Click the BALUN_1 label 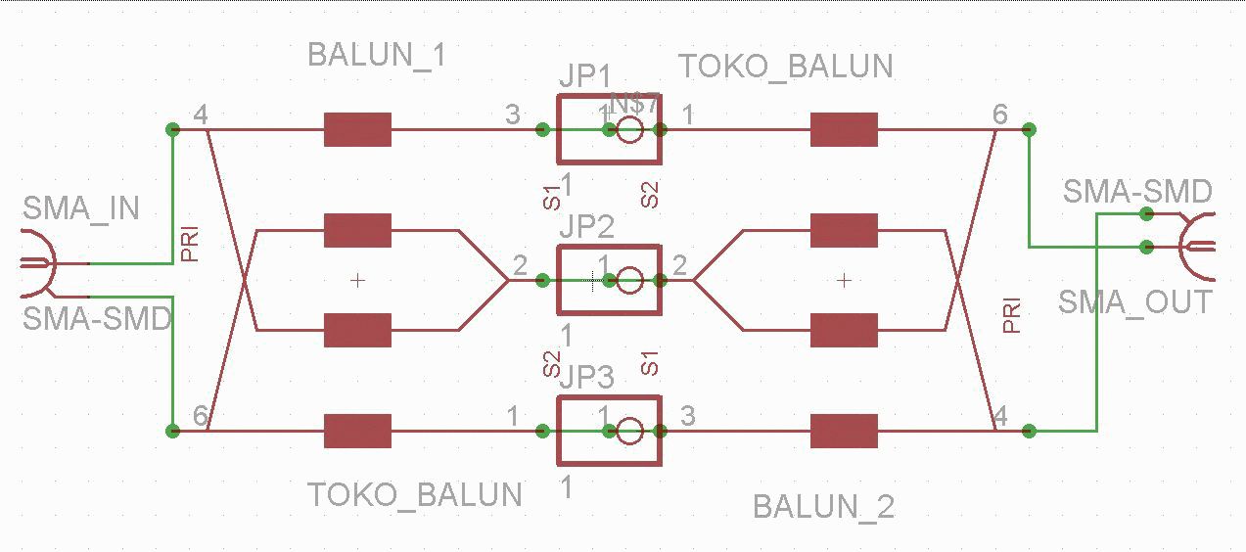coord(377,55)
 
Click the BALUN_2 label coord(823,507)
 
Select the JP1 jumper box coord(609,129)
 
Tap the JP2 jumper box coord(609,280)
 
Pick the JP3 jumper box coord(609,430)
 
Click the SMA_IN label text coord(81,208)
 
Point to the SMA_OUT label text coord(1135,302)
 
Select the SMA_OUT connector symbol coord(1196,246)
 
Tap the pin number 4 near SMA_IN coord(201,115)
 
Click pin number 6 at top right coord(999,115)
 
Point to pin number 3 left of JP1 coord(513,115)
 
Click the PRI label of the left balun coord(190,245)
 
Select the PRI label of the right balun coord(1012,315)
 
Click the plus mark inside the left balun coord(358,281)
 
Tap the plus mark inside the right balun coord(845,281)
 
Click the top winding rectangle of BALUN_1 coord(358,129)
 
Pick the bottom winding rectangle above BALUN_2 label coord(845,430)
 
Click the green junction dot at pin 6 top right coord(1029,129)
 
